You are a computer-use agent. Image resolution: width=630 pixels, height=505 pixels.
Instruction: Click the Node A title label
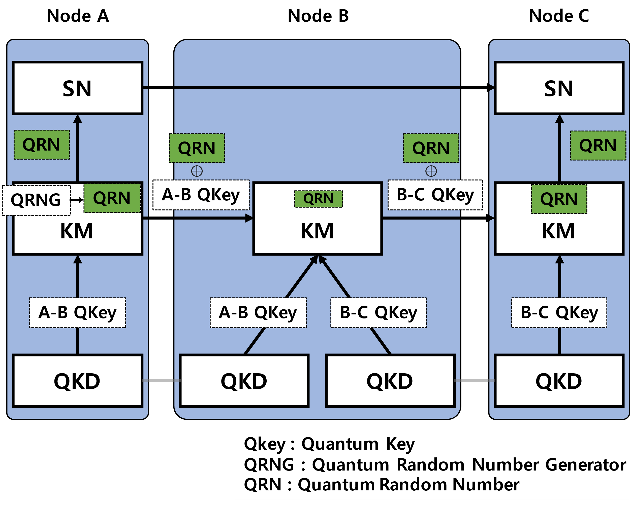click(x=77, y=16)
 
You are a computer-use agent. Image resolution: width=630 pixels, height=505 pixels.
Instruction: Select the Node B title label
click(x=317, y=16)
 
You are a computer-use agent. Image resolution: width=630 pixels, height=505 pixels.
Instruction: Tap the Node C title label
click(x=558, y=16)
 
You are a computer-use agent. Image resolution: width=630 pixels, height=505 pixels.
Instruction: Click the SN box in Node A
click(x=77, y=88)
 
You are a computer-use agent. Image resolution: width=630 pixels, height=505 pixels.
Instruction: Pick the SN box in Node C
click(x=559, y=88)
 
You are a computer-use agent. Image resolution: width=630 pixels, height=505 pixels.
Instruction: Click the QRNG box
click(x=36, y=200)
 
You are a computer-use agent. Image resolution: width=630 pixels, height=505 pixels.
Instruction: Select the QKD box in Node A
click(x=77, y=381)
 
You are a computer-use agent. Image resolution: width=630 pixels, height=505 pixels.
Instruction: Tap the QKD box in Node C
click(x=559, y=381)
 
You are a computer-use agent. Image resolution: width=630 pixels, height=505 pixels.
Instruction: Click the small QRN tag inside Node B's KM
click(x=319, y=199)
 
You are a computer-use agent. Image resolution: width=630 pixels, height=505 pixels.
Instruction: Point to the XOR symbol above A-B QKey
click(x=197, y=171)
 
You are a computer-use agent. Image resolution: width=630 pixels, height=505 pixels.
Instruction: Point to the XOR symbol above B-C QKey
click(x=431, y=171)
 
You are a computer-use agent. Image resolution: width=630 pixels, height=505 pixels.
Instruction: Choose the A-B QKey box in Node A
click(x=77, y=313)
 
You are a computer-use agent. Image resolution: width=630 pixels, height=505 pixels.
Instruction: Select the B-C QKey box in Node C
click(x=559, y=313)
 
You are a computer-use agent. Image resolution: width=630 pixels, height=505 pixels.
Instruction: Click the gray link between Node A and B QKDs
click(x=161, y=380)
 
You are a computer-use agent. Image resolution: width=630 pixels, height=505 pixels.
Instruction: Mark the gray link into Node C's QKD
click(x=475, y=380)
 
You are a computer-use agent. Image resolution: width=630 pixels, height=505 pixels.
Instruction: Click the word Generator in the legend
click(x=586, y=465)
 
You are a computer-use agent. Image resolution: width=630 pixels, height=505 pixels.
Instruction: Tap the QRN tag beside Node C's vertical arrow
click(x=598, y=145)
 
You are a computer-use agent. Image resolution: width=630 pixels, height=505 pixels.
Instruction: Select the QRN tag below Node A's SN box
click(x=42, y=145)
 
